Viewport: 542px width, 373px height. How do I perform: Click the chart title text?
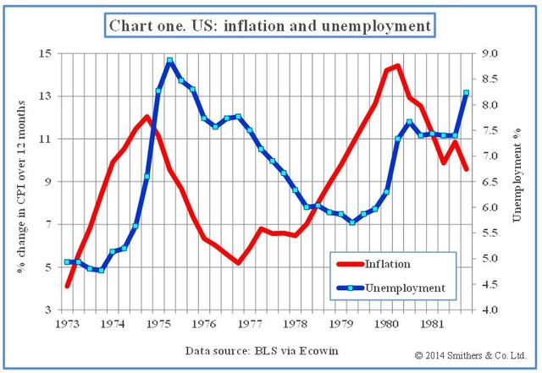pos(270,25)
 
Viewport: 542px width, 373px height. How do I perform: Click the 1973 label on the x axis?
pos(67,324)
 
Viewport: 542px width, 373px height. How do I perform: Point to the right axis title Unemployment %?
pos(518,181)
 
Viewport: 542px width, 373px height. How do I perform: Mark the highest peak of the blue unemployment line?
pos(170,60)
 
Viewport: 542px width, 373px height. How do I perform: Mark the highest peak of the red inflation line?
pos(397,66)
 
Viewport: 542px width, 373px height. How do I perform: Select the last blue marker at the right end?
pos(466,93)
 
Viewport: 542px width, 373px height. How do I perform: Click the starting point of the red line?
pos(67,286)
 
